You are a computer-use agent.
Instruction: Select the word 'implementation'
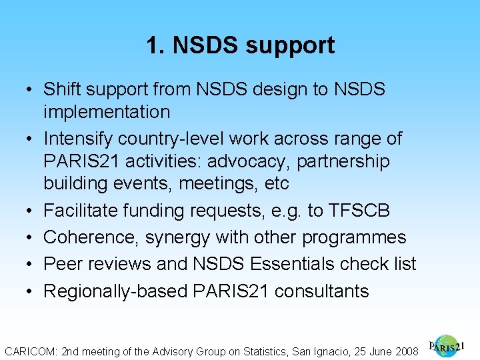click(x=107, y=112)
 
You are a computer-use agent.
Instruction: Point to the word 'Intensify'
click(x=78, y=139)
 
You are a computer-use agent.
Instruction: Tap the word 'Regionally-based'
click(x=115, y=291)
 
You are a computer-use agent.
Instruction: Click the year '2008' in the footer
click(x=406, y=350)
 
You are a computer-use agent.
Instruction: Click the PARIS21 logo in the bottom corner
click(x=446, y=346)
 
